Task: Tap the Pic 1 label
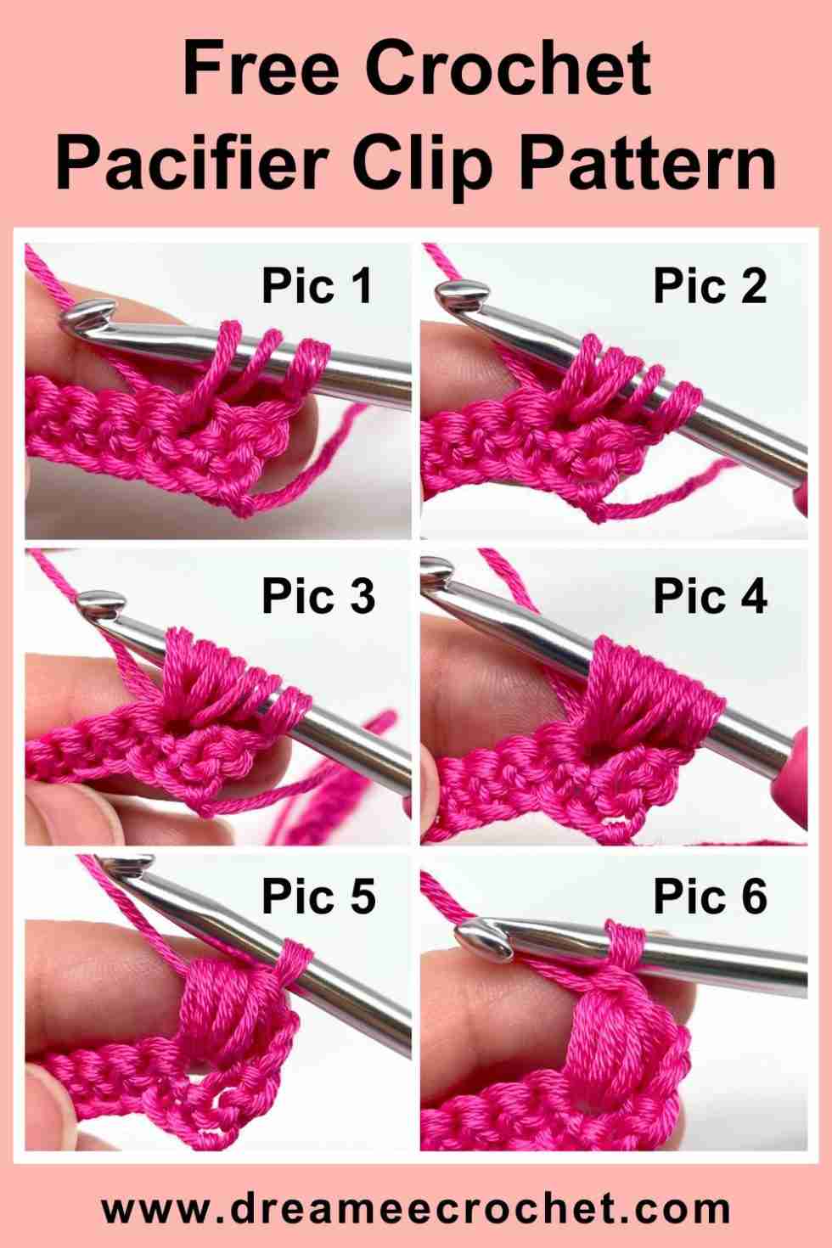317,285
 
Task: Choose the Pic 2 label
710,285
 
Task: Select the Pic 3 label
318,595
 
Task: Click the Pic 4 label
710,595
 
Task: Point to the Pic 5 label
318,897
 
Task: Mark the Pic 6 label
710,897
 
